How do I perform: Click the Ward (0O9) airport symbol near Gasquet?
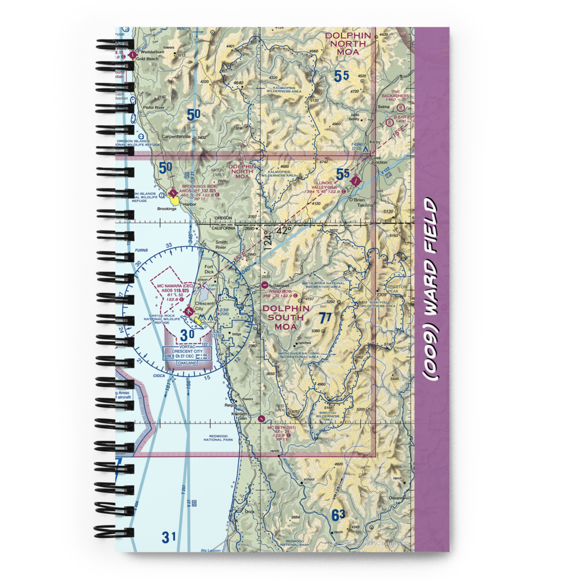click(265, 285)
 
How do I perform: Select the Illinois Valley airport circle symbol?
click(356, 182)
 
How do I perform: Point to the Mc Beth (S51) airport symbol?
click(264, 417)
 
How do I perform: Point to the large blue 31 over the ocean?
click(168, 536)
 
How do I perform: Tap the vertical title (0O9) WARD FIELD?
click(432, 289)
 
